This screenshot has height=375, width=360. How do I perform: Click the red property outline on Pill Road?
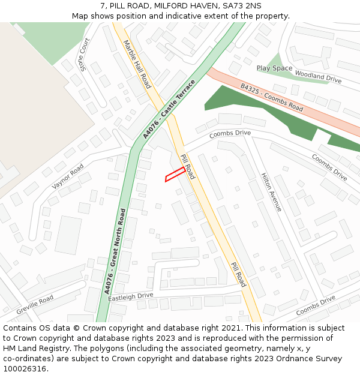tap(175, 173)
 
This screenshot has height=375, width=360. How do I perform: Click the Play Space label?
tap(274, 68)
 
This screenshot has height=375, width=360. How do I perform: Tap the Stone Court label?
tap(84, 54)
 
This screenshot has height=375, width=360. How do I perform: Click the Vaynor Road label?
tap(68, 177)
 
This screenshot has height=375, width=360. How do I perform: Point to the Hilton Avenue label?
tap(271, 193)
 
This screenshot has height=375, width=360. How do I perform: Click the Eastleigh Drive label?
tap(131, 297)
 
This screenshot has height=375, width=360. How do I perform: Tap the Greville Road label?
tap(35, 305)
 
